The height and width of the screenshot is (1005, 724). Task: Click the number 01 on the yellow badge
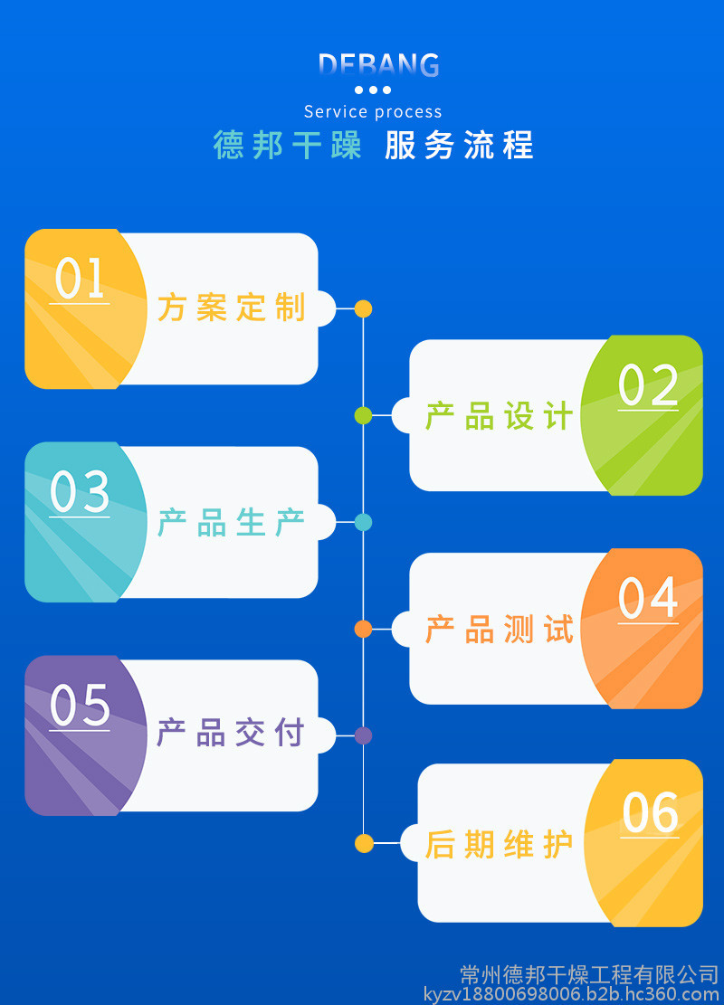coord(80,279)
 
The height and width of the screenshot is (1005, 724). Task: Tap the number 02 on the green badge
coord(648,386)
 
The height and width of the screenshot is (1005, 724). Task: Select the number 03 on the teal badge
coord(80,493)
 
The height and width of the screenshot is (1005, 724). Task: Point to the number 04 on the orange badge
coord(648,599)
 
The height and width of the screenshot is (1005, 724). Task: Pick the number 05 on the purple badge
coord(80,706)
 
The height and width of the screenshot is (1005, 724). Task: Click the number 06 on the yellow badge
coord(650,812)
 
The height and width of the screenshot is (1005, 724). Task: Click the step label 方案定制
coord(232,308)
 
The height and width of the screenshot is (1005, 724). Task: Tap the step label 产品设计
coord(500,416)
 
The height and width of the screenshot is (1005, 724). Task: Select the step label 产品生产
coord(232,522)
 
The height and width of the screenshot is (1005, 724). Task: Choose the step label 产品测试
coord(500,630)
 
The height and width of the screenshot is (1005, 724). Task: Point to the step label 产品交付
coord(232,734)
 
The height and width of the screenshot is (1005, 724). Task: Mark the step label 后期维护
coord(500,844)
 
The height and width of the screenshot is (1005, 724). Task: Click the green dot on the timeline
coord(363,416)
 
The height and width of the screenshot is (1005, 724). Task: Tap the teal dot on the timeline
coord(363,522)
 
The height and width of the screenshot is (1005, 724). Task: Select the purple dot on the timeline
coord(363,735)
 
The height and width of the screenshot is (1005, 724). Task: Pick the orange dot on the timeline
coord(363,629)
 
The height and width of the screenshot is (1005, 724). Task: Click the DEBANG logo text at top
coord(378,65)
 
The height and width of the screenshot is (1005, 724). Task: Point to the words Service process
coord(373,112)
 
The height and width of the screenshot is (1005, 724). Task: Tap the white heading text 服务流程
coord(459,146)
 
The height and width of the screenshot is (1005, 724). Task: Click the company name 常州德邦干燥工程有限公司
coord(589,974)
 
